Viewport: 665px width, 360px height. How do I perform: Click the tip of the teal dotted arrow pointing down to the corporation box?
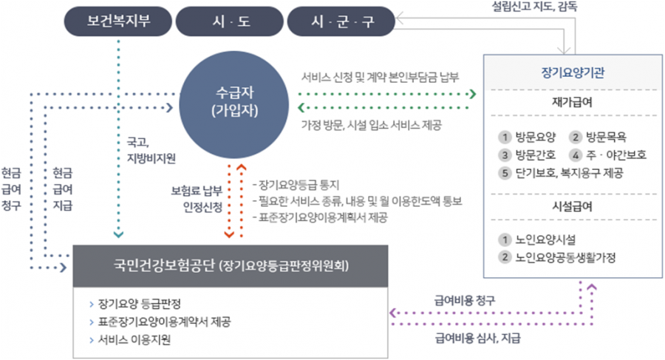118,237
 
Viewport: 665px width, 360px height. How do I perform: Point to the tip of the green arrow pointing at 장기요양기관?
476,94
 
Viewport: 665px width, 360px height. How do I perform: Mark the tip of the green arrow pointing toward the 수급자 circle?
299,108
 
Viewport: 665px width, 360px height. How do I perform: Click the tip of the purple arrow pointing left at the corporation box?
389,313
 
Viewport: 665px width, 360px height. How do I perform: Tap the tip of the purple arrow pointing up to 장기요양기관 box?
592,285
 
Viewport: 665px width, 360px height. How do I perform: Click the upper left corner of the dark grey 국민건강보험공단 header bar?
73,245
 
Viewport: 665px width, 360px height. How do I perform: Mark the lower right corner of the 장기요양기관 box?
662,278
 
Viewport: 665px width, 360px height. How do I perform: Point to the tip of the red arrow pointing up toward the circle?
242,165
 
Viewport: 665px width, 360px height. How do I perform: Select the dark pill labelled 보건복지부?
118,21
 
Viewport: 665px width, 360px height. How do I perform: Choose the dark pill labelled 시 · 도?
230,21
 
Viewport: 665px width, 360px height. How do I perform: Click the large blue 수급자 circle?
234,104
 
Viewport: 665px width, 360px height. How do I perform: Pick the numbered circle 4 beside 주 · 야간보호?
576,155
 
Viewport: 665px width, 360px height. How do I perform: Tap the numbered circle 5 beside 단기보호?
505,173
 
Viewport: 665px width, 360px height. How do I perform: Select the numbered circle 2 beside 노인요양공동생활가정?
505,257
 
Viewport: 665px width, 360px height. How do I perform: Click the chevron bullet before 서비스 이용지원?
91,340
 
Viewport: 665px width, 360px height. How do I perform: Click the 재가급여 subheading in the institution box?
572,102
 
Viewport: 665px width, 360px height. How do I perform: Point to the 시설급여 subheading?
572,207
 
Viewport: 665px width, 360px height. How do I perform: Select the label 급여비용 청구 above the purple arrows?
465,301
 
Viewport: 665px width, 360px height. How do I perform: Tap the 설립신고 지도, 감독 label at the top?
534,7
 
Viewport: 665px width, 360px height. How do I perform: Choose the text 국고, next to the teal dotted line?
138,142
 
